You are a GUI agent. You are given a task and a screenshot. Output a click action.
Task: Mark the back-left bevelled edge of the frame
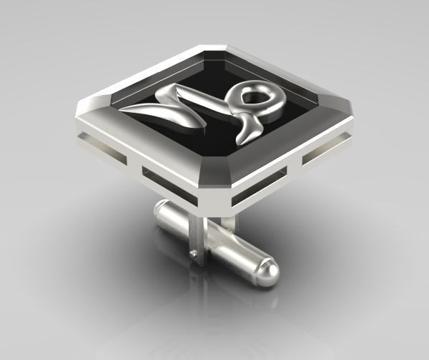143,75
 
